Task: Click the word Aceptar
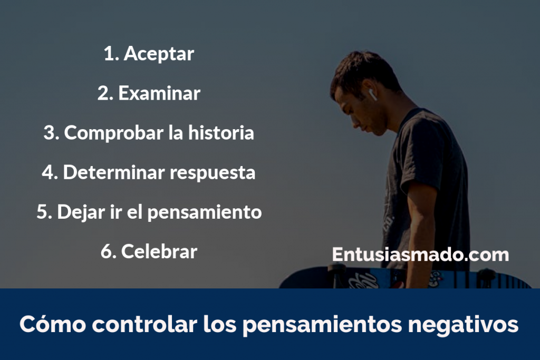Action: [x=159, y=54]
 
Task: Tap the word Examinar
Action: [x=159, y=93]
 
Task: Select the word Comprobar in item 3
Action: [x=114, y=133]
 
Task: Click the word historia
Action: [x=221, y=133]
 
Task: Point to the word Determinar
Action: [x=114, y=172]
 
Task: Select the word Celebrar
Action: [x=159, y=251]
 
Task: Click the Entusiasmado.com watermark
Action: [x=420, y=255]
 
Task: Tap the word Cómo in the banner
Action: [x=52, y=324]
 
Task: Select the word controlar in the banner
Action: [x=144, y=324]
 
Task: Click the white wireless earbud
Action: [x=372, y=94]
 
